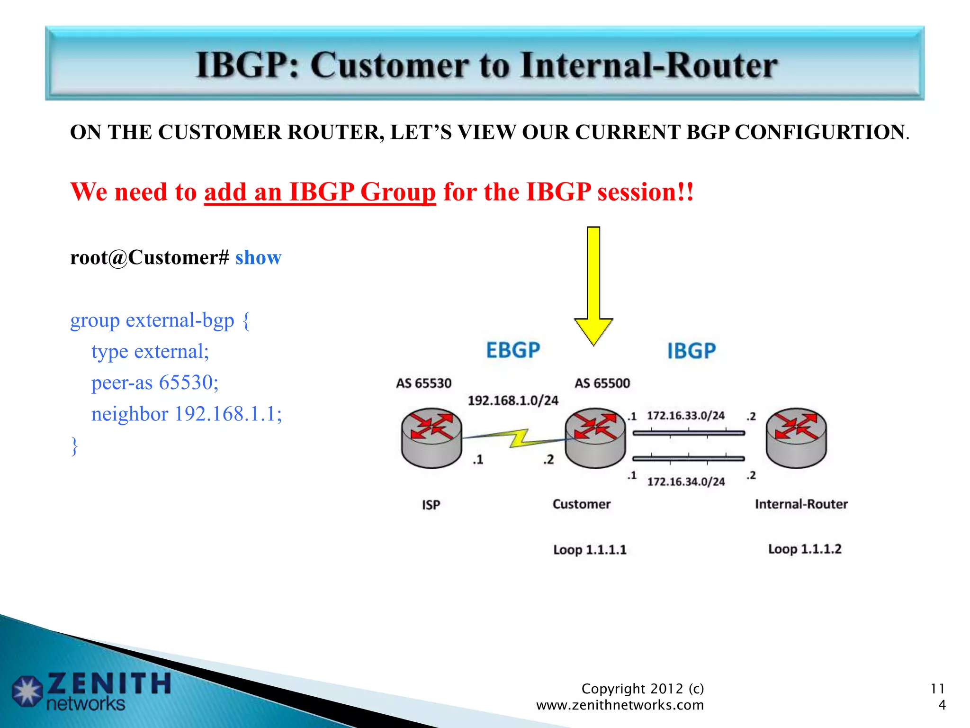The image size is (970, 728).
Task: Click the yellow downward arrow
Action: (593, 284)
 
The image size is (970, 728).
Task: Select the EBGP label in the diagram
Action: (513, 351)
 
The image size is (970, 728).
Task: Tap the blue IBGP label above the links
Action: (692, 351)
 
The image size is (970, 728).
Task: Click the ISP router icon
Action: (431, 438)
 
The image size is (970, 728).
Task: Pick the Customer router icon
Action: (595, 438)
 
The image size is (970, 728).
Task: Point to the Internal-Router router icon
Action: (796, 438)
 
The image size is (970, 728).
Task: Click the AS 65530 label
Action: (424, 383)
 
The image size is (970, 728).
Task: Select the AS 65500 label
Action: (602, 383)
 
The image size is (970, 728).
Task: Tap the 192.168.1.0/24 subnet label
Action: (513, 401)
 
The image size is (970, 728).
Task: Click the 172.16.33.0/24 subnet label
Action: (686, 416)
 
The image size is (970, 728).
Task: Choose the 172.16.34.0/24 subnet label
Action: (686, 482)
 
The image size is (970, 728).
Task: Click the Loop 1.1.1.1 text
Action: (590, 550)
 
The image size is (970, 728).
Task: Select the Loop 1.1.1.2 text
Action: (805, 549)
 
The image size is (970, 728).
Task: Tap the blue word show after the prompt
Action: (258, 258)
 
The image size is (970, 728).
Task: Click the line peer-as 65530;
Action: (155, 382)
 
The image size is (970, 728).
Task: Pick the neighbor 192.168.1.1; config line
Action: (187, 414)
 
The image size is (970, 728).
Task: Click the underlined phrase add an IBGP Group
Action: (320, 192)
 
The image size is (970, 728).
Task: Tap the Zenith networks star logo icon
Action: (27, 691)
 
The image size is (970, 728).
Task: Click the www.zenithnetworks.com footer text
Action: (620, 705)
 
